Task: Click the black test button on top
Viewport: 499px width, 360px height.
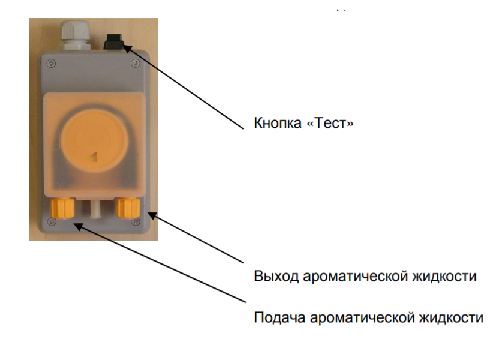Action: (x=113, y=41)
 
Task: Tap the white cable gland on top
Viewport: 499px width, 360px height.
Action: (x=75, y=34)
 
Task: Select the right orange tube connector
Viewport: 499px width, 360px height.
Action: (x=128, y=208)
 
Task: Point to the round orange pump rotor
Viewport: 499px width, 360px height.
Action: (x=94, y=140)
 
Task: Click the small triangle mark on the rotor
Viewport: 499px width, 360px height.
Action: (x=93, y=157)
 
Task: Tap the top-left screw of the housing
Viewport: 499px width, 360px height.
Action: (x=51, y=64)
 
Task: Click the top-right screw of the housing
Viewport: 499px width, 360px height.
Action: (x=136, y=64)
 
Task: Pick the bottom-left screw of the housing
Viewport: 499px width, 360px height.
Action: (x=51, y=221)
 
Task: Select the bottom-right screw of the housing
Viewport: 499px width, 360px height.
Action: (x=136, y=221)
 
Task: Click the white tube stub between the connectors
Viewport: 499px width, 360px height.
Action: (x=95, y=209)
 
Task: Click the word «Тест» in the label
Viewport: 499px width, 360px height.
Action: (x=330, y=123)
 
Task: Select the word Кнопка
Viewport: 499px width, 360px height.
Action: (x=278, y=123)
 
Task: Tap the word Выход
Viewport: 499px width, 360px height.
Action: (x=276, y=276)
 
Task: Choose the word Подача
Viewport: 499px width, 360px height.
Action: (x=279, y=317)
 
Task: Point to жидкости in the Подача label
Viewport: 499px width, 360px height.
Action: (x=451, y=317)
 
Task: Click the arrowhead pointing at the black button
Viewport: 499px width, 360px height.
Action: (x=127, y=49)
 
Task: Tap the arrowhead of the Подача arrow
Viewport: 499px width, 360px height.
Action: (x=78, y=226)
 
